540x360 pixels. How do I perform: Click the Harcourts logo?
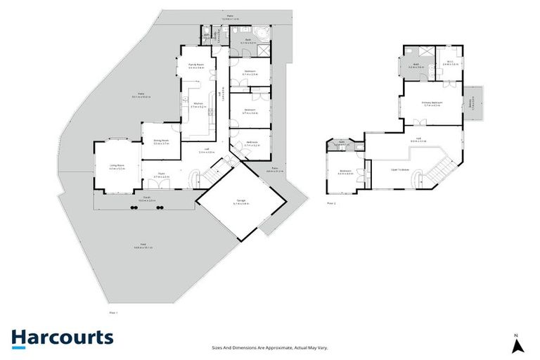click(x=62, y=337)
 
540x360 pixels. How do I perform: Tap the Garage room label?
click(x=241, y=203)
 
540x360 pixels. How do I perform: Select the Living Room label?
click(x=117, y=167)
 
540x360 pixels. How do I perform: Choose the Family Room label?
click(x=195, y=66)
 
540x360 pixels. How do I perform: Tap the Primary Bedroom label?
click(x=432, y=104)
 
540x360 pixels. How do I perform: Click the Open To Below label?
click(x=401, y=169)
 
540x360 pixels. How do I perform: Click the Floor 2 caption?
click(x=332, y=203)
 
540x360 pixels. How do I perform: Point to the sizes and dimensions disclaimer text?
click(x=270, y=347)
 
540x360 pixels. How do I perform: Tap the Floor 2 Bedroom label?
click(x=345, y=172)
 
